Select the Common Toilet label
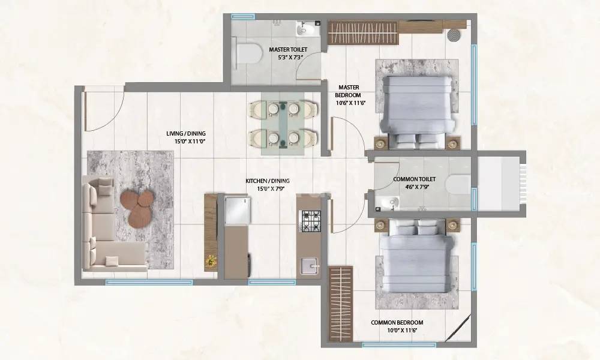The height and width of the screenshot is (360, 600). point(414,179)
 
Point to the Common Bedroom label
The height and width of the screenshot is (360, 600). point(394,323)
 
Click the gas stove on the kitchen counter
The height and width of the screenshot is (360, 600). point(311,221)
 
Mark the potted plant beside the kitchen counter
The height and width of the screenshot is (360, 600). point(211,260)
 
